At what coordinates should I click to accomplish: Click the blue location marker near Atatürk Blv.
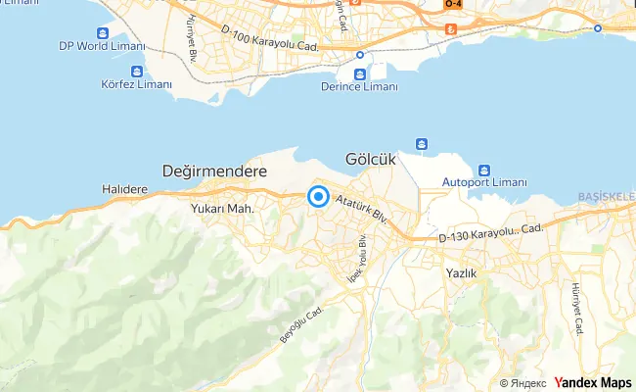pyautogui.click(x=318, y=197)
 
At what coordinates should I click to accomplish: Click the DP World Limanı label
pyautogui.click(x=102, y=46)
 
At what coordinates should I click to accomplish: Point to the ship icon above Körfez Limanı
pyautogui.click(x=136, y=71)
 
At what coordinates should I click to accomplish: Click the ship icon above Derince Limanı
pyautogui.click(x=360, y=73)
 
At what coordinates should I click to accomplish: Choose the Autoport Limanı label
pyautogui.click(x=484, y=182)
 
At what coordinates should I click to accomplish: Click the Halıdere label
pyautogui.click(x=124, y=189)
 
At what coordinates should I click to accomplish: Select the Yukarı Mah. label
pyautogui.click(x=223, y=208)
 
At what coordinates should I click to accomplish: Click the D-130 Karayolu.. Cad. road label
pyautogui.click(x=490, y=232)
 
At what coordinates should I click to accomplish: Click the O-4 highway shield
pyautogui.click(x=452, y=5)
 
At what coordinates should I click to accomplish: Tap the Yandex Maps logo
pyautogui.click(x=593, y=382)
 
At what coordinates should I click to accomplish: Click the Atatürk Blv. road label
pyautogui.click(x=361, y=209)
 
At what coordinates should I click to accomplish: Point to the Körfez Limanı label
pyautogui.click(x=136, y=85)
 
